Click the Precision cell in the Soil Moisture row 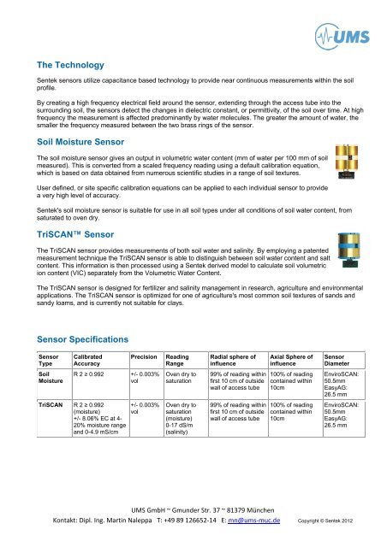click(143, 379)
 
